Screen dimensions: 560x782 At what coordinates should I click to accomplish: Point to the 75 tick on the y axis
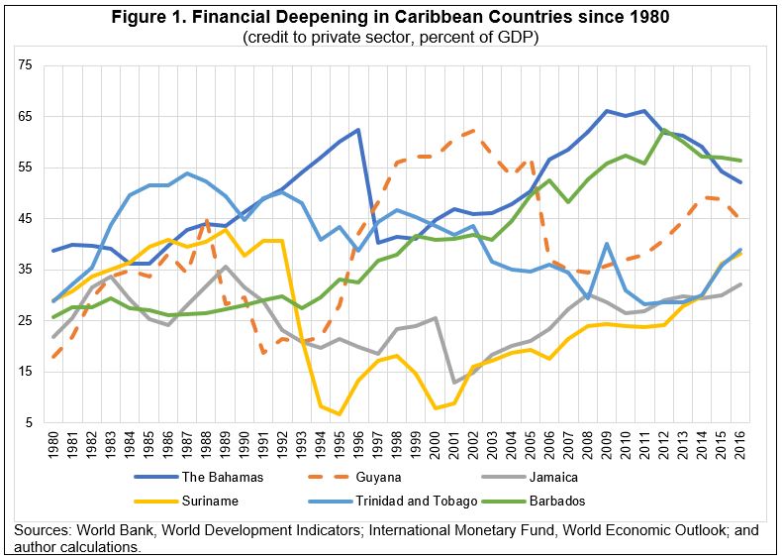point(26,65)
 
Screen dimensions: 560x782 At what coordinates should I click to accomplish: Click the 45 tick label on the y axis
point(26,219)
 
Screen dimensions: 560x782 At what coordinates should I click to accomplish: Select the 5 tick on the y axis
point(29,423)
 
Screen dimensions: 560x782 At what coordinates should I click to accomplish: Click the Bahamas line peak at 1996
point(357,130)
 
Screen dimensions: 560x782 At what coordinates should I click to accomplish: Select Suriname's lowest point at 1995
point(339,414)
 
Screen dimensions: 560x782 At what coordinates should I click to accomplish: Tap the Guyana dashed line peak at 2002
point(473,130)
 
